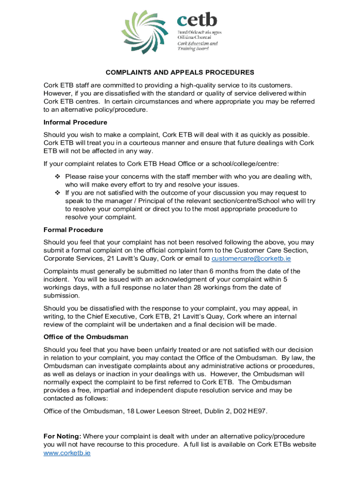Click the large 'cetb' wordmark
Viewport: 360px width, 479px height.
point(197,20)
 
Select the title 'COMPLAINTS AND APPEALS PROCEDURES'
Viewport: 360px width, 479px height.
point(180,73)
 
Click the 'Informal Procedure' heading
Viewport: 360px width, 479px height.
point(75,122)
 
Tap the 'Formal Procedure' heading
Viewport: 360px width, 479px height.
point(73,230)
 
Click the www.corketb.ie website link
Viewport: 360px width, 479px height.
point(67,453)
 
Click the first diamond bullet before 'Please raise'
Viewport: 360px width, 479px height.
point(58,176)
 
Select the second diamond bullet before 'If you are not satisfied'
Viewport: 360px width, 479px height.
point(58,193)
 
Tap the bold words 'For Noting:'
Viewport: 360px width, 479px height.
point(63,436)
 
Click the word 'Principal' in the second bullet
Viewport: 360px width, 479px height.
point(140,201)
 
